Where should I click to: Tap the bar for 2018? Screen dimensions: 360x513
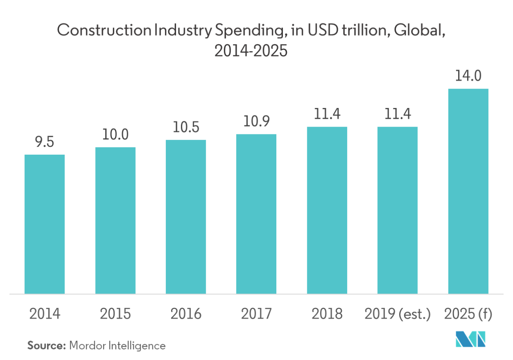pyautogui.click(x=327, y=210)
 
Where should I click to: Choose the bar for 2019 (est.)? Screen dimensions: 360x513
pyautogui.click(x=398, y=210)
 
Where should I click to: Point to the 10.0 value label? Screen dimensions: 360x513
pyautogui.click(x=115, y=135)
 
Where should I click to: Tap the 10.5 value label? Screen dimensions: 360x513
pyautogui.click(x=186, y=127)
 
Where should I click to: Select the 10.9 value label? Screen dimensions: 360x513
pyautogui.click(x=256, y=122)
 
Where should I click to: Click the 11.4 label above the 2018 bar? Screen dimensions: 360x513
pyautogui.click(x=327, y=114)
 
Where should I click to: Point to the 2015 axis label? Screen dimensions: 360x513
pyautogui.click(x=115, y=314)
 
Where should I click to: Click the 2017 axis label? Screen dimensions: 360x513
pyautogui.click(x=256, y=314)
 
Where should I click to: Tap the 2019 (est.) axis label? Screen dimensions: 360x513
pyautogui.click(x=398, y=314)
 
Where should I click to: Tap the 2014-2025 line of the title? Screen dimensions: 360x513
pyautogui.click(x=251, y=52)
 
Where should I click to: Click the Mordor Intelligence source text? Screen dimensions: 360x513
pyautogui.click(x=118, y=346)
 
